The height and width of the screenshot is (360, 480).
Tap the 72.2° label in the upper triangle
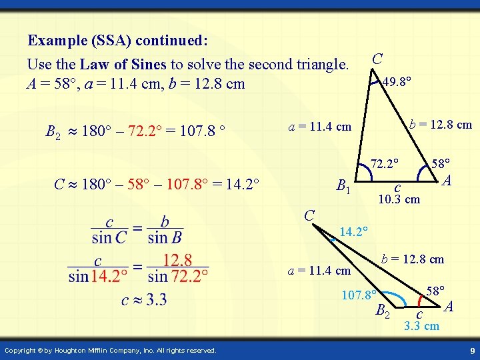(x=385, y=163)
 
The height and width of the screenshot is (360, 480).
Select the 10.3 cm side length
(x=399, y=199)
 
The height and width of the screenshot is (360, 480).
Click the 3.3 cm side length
(x=422, y=326)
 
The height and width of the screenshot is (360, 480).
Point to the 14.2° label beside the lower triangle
(x=354, y=232)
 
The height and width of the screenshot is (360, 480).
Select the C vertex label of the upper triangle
(x=377, y=59)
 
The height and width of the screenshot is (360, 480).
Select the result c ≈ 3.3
(x=144, y=300)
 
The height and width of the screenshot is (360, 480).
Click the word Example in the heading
(x=56, y=41)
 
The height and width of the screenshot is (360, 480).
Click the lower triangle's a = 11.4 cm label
(x=319, y=271)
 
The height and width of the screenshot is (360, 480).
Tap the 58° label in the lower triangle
(x=436, y=291)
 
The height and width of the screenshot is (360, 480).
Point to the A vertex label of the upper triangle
(x=447, y=180)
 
